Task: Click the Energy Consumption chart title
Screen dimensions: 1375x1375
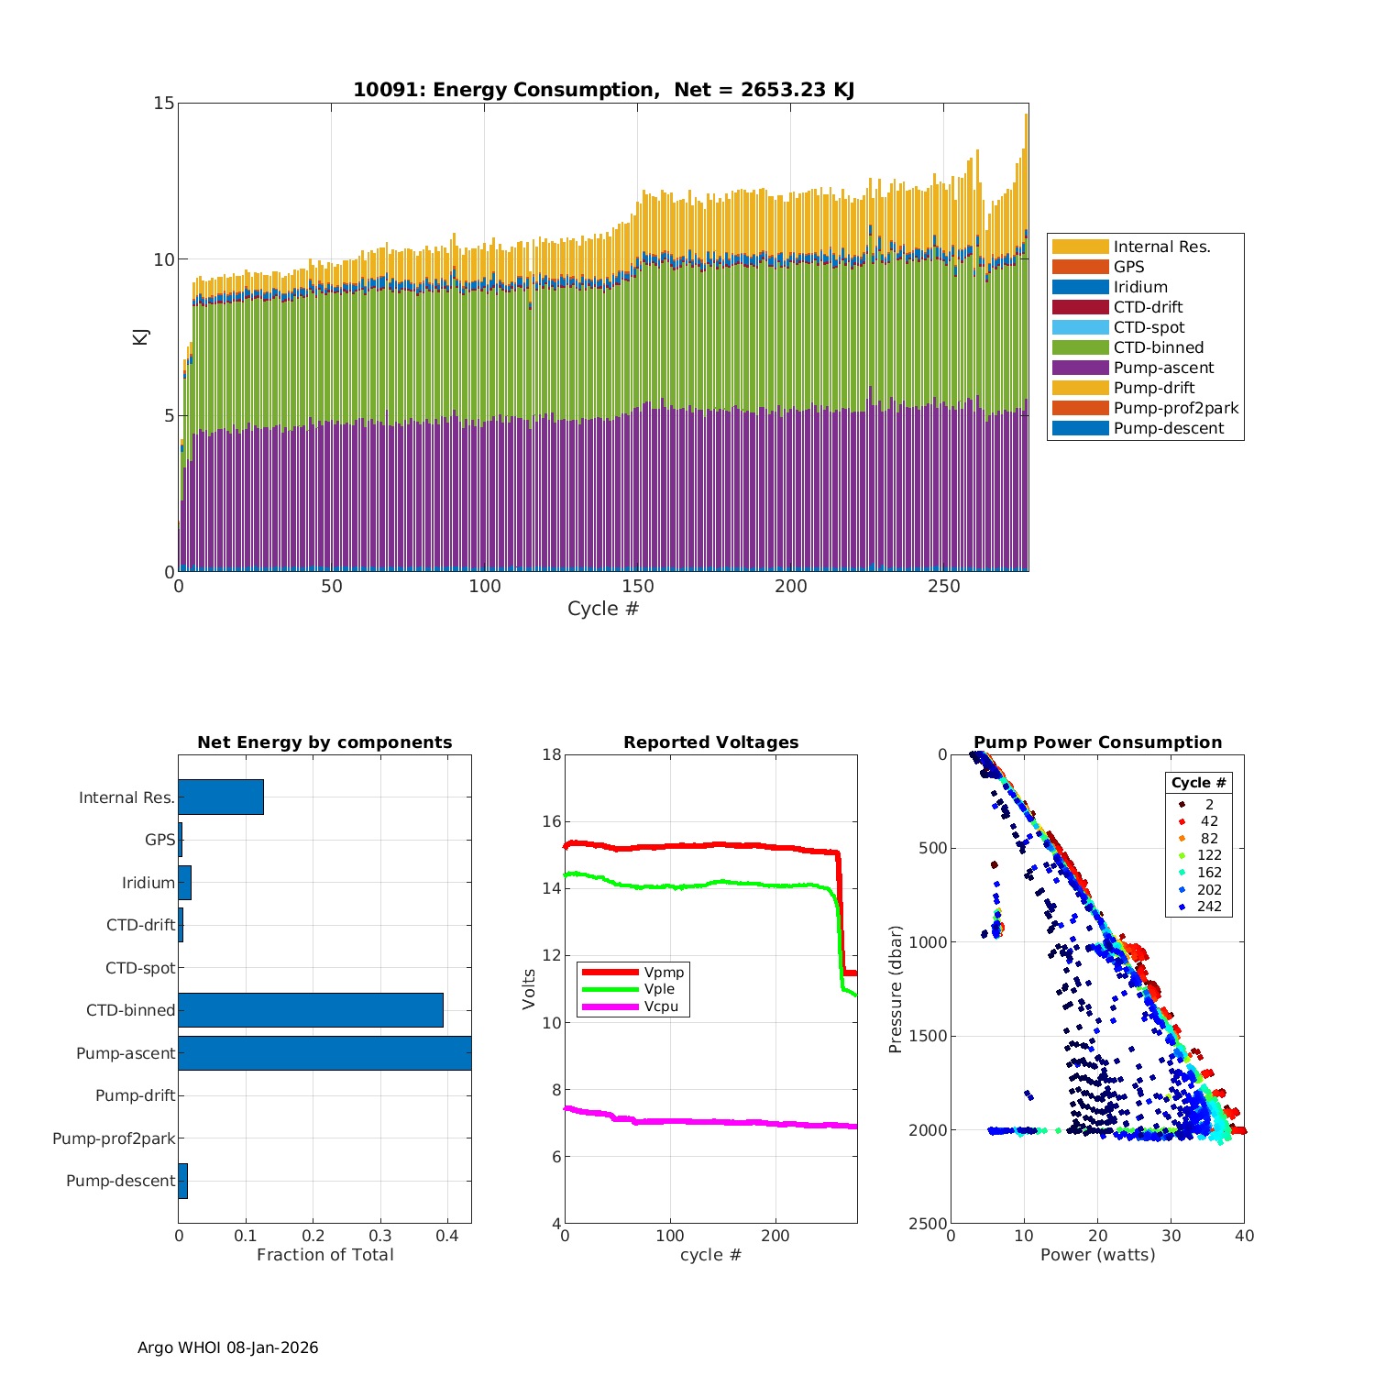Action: pyautogui.click(x=603, y=90)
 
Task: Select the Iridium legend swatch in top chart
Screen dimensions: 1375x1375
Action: pyautogui.click(x=1080, y=287)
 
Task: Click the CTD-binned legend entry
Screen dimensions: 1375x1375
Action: pyautogui.click(x=1158, y=347)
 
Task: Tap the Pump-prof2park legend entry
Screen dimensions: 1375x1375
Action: pyautogui.click(x=1175, y=408)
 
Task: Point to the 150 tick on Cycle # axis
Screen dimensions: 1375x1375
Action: pyautogui.click(x=637, y=587)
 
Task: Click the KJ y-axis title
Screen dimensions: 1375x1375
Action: pyautogui.click(x=140, y=336)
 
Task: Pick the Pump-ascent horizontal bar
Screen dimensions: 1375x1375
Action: pyautogui.click(x=324, y=1053)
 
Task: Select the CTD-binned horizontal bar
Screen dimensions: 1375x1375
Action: pyautogui.click(x=311, y=1010)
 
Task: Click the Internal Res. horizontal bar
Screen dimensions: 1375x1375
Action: pyautogui.click(x=221, y=797)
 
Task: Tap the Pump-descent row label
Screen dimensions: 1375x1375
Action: pyautogui.click(x=120, y=1181)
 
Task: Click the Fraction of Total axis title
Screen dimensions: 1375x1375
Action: pyautogui.click(x=324, y=1255)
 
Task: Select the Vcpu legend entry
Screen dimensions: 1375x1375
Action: pyautogui.click(x=661, y=1006)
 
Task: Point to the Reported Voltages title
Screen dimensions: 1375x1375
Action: pyautogui.click(x=710, y=742)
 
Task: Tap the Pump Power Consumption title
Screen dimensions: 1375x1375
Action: pyautogui.click(x=1097, y=742)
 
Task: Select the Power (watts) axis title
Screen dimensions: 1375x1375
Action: pyautogui.click(x=1097, y=1255)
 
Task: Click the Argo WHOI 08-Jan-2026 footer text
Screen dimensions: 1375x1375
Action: pyautogui.click(x=227, y=1347)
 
